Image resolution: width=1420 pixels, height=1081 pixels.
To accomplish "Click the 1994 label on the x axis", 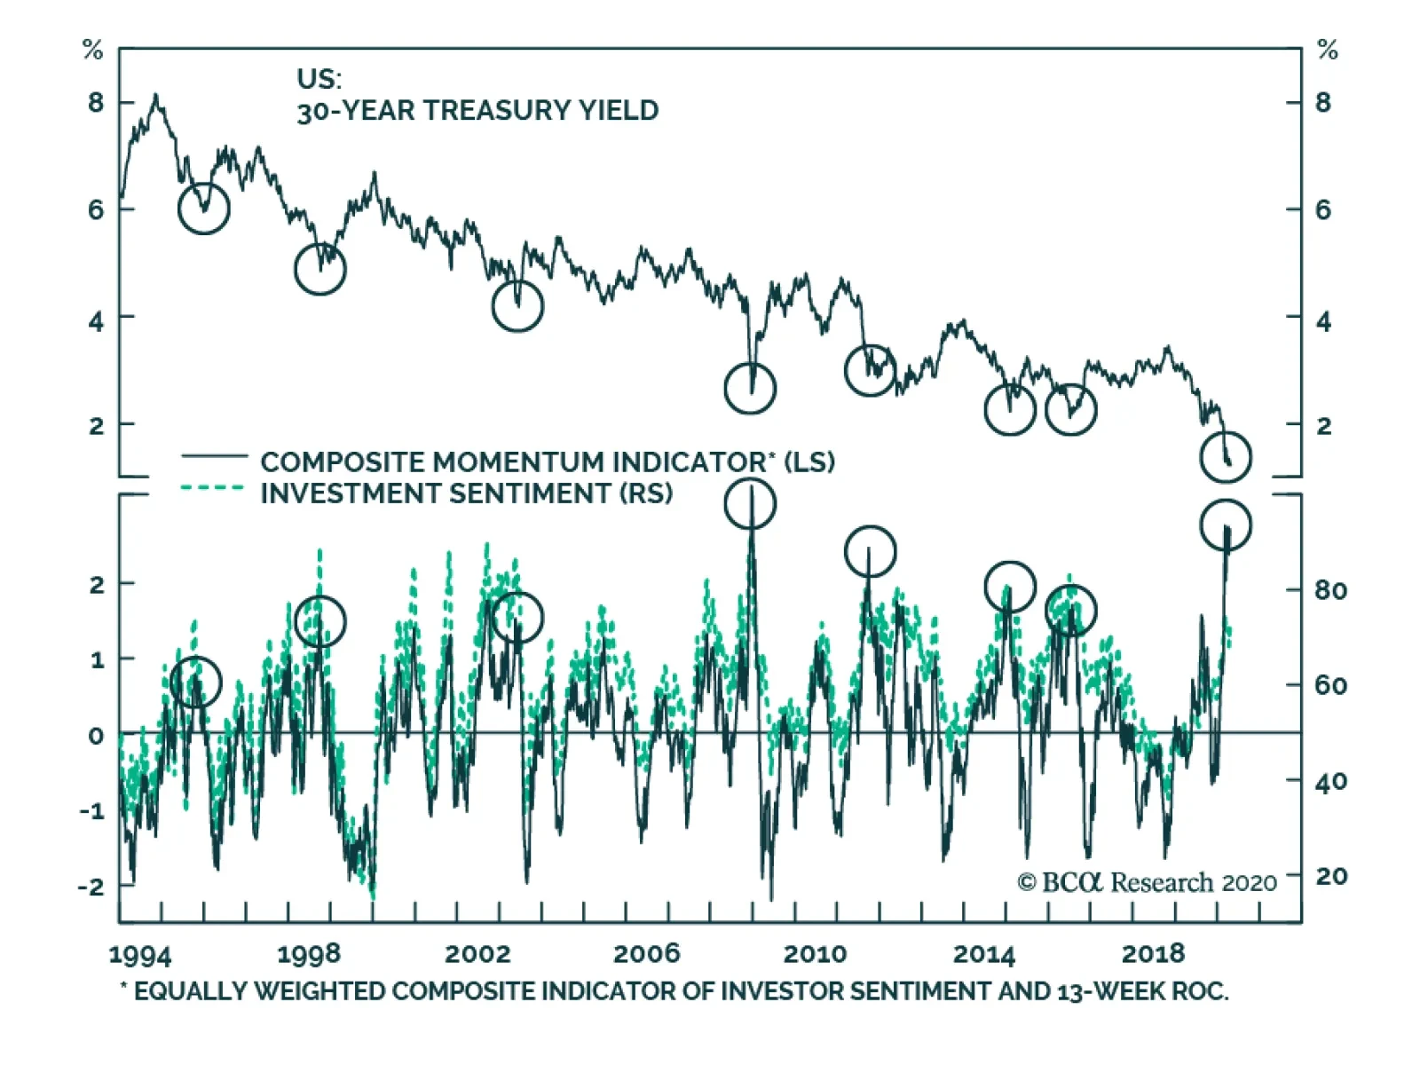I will [139, 955].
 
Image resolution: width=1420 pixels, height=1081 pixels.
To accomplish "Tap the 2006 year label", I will [646, 954].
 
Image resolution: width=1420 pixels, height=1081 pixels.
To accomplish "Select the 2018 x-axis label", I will [1153, 954].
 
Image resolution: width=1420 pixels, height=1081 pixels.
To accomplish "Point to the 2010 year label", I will [815, 954].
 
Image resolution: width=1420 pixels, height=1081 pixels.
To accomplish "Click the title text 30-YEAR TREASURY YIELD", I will [477, 111].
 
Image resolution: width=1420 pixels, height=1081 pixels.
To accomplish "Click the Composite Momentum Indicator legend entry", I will [547, 462].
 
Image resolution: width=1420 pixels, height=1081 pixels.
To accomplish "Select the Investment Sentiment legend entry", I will [466, 493].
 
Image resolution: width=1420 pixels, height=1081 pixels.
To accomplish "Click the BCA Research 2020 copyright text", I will [1147, 882].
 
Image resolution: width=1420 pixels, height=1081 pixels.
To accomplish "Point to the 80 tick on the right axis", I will [1330, 590].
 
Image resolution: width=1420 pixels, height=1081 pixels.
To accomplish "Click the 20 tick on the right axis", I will [1330, 877].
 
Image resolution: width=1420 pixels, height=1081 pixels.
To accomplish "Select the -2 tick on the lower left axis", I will [91, 886].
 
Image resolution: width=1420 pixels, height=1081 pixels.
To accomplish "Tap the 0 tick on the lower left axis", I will [96, 736].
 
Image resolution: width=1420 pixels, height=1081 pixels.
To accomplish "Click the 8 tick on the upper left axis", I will [96, 103].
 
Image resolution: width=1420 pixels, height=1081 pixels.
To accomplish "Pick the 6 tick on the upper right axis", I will [1322, 210].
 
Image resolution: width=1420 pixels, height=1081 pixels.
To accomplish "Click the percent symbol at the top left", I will [92, 51].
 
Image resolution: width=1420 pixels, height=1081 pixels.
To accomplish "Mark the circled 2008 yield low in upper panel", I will [750, 388].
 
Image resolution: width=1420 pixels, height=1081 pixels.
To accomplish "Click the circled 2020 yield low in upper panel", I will [1226, 457].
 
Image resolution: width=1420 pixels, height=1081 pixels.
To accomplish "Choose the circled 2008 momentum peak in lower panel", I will [750, 504].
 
